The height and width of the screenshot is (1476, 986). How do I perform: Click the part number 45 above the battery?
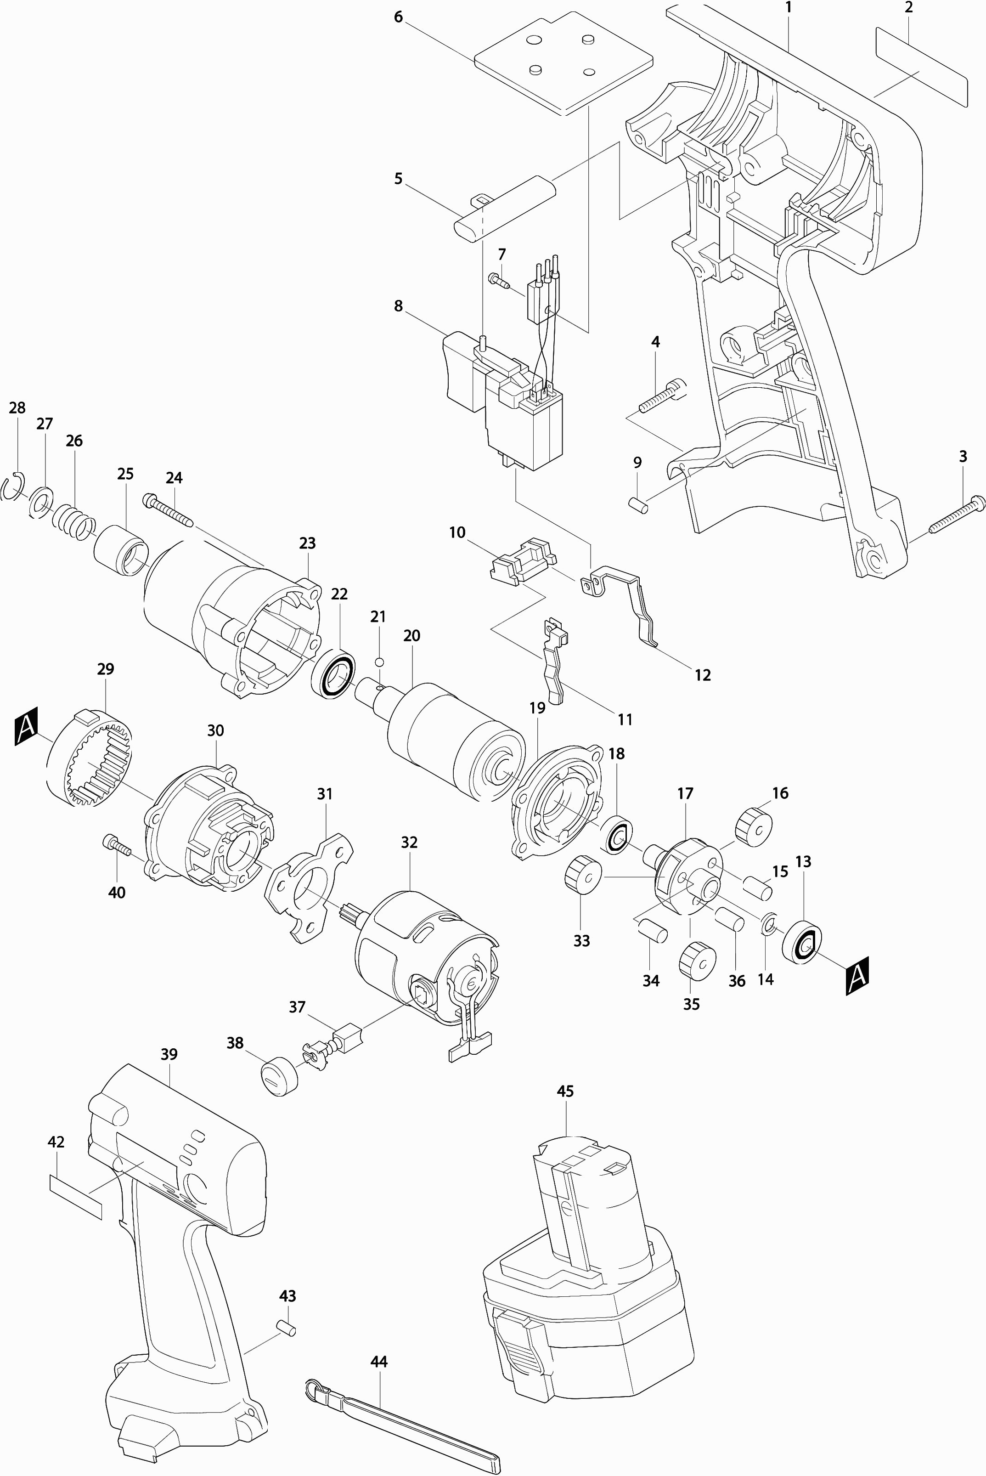click(565, 1091)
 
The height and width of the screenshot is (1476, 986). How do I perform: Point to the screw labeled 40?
click(116, 845)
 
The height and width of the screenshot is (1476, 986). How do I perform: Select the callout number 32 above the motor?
click(409, 842)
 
